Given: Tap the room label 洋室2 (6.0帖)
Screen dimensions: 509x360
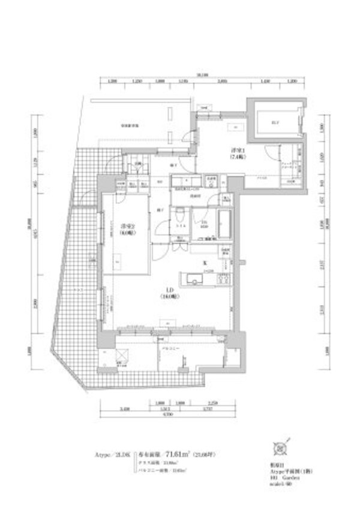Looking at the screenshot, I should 127,230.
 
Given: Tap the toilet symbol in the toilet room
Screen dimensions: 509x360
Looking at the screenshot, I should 181,218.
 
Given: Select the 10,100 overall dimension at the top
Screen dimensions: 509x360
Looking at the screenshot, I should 202,75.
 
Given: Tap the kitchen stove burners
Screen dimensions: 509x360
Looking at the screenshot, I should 223,278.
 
